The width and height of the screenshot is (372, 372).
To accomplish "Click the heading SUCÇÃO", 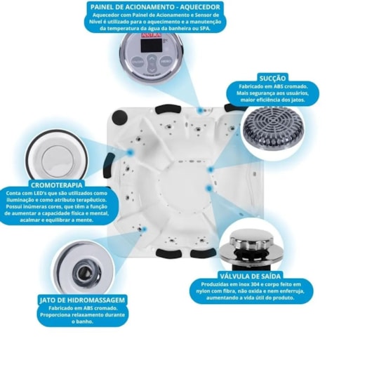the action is tap(272, 79).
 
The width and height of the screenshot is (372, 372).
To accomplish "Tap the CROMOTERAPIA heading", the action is tap(57, 185).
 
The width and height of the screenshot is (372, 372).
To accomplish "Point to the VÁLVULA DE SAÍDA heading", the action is tap(250, 276).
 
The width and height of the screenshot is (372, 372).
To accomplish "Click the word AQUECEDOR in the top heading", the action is tap(200, 7).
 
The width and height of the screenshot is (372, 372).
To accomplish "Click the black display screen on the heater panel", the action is tap(152, 46).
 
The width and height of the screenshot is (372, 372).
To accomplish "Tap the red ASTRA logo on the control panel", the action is tap(152, 35).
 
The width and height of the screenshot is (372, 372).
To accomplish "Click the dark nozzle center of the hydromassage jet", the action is tap(84, 270).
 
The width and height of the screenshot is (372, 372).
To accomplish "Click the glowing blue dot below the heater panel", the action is tap(200, 110).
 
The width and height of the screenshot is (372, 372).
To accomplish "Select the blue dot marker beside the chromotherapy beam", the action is tap(130, 152).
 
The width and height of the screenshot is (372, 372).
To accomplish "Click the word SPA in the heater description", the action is tap(206, 29).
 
